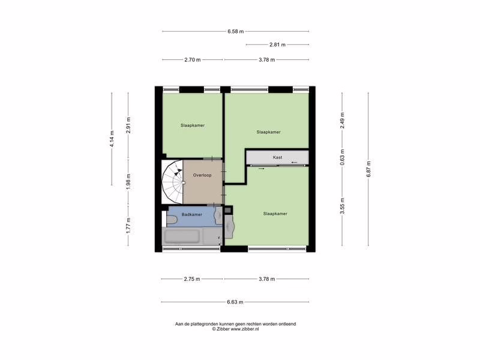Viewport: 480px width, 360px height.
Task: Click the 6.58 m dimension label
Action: click(235, 31)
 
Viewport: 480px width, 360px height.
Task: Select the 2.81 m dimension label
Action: click(277, 44)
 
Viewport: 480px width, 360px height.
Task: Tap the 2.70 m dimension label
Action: click(193, 59)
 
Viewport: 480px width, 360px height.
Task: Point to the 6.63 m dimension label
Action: click(235, 302)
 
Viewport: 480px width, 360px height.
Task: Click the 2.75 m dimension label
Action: click(192, 279)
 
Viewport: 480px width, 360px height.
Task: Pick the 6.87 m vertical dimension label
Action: click(368, 169)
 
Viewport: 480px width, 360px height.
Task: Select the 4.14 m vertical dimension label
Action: click(112, 139)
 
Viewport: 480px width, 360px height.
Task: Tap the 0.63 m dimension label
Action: click(342, 157)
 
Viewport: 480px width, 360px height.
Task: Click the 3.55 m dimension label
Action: click(342, 206)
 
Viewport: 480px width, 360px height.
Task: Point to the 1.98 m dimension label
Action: click(128, 182)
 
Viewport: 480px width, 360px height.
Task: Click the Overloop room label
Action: click(202, 175)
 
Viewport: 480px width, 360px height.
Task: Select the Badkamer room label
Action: click(192, 215)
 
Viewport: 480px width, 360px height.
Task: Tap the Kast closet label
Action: click(278, 157)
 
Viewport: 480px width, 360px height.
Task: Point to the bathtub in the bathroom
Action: click(182, 236)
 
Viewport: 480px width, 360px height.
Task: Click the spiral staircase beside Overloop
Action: click(172, 182)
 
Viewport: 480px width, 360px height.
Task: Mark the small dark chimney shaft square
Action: click(228, 210)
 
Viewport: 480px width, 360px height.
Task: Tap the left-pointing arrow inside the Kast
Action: click(294, 162)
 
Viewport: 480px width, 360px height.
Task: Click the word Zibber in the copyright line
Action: click(223, 329)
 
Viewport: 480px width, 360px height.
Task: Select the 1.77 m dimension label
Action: click(128, 226)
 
